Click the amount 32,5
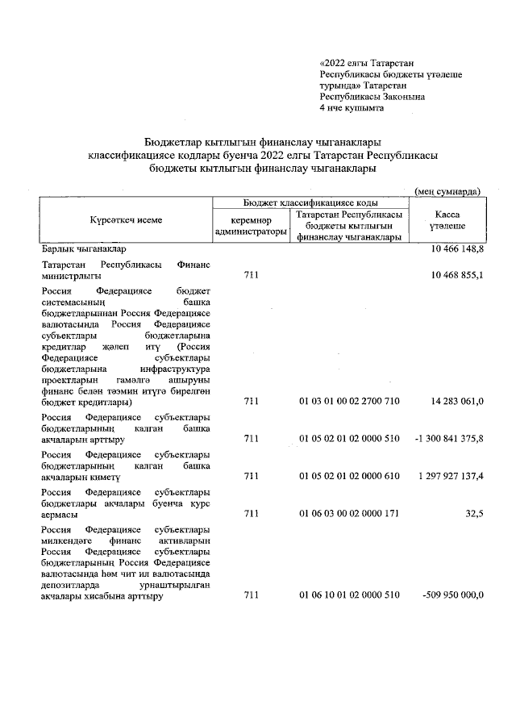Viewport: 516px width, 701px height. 470,514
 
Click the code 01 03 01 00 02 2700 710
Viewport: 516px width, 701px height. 349,401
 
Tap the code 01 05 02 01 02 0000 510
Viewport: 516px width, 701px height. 349,439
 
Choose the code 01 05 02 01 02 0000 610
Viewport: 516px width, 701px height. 349,477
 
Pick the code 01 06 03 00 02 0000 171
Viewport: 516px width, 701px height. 349,514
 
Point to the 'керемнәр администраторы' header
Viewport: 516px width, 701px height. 251,226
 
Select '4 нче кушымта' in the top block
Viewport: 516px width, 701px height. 352,107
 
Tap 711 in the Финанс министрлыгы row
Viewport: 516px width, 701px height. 251,276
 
